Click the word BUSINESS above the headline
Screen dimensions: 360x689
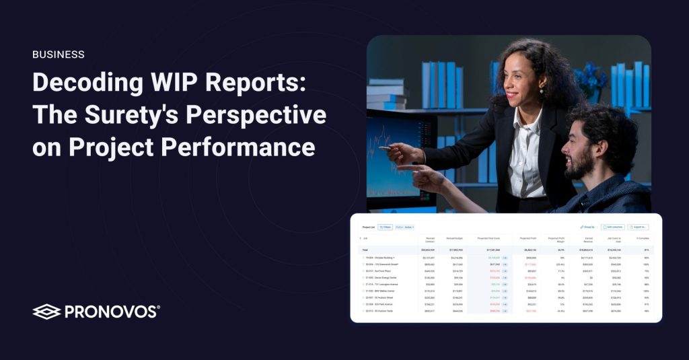coord(59,55)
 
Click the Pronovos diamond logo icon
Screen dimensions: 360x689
coord(46,312)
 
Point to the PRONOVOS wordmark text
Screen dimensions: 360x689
coord(112,312)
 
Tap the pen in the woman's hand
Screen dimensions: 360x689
coord(384,147)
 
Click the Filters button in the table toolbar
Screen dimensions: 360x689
coord(385,227)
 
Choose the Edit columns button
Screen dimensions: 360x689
coord(613,227)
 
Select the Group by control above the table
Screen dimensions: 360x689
coord(587,227)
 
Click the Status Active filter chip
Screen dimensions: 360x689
coord(405,227)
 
